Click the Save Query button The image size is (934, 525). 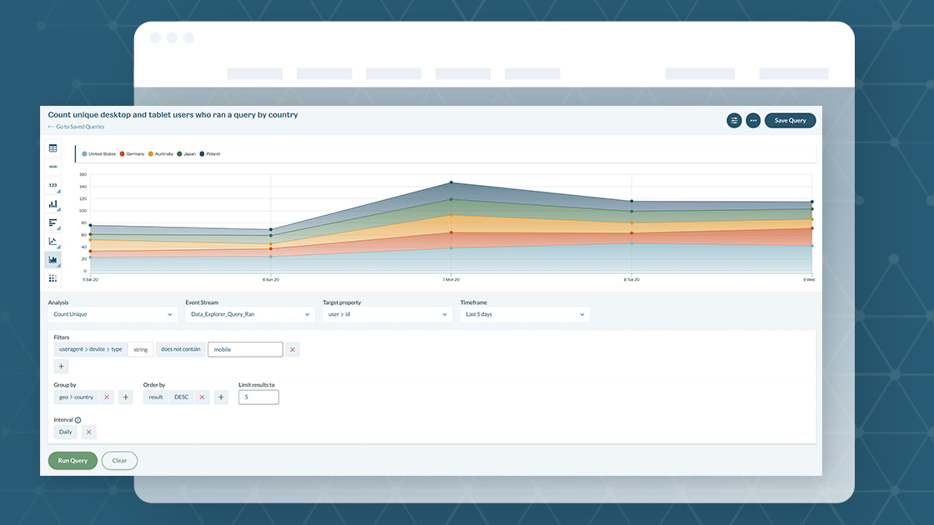(x=790, y=121)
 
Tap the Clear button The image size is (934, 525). (x=119, y=461)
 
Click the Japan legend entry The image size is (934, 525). (x=186, y=154)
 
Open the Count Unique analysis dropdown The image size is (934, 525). (x=113, y=314)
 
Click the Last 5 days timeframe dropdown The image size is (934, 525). (x=525, y=314)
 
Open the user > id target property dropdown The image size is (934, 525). (x=387, y=314)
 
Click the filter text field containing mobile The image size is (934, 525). (x=244, y=350)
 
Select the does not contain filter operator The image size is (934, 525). (x=181, y=350)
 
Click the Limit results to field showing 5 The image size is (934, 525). (x=259, y=397)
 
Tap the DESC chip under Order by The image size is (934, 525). (x=181, y=397)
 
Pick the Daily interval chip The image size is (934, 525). (x=65, y=432)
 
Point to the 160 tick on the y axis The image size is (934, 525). (x=83, y=175)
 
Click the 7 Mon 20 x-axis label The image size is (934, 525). (x=451, y=280)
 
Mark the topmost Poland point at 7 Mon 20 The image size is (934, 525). (x=451, y=182)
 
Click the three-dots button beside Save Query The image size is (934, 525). (x=753, y=121)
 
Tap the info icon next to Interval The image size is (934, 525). (x=78, y=420)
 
